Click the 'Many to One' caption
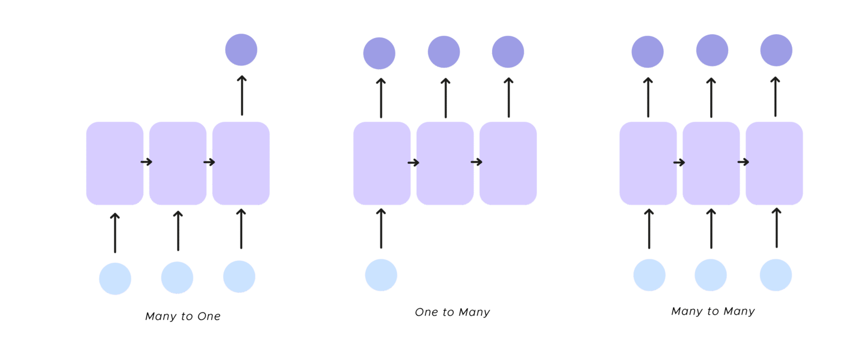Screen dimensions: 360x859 pos(183,316)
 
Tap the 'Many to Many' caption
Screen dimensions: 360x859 pos(713,311)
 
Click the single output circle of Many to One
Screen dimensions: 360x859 pos(241,50)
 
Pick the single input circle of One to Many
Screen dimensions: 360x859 pos(381,275)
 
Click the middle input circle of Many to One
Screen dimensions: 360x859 pos(177,277)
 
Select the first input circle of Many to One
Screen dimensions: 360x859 pos(115,278)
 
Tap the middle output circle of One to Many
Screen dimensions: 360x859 pos(444,51)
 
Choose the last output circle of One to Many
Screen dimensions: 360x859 pos(508,51)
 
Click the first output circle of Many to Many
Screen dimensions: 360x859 pos(648,51)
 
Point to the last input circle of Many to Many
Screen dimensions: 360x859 pos(776,275)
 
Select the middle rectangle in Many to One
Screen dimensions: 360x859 pos(177,163)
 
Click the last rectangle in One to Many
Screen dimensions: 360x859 pos(508,163)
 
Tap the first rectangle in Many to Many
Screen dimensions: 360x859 pos(648,163)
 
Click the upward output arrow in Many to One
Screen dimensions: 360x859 pos(242,95)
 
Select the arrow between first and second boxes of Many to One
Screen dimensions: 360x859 pos(147,162)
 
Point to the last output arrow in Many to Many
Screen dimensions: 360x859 pos(776,96)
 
